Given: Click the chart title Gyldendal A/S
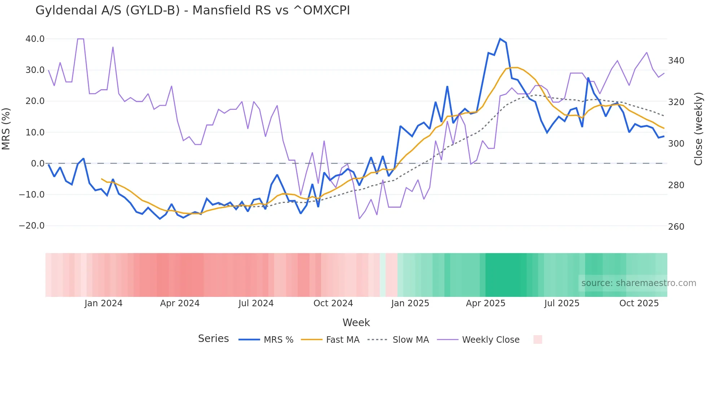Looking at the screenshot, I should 193,10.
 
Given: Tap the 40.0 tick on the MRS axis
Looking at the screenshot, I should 35,39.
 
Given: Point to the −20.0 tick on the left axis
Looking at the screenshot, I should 32,226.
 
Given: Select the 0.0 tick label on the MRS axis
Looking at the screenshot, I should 38,164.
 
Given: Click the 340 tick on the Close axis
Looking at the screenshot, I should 676,61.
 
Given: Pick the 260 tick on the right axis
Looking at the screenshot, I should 676,227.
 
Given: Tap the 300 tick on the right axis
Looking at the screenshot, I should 676,144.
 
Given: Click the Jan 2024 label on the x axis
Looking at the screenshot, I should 104,303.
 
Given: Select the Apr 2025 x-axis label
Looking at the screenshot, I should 486,303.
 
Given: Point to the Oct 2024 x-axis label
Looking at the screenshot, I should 333,303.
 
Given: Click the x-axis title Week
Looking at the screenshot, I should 356,323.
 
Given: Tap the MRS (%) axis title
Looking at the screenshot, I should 6,129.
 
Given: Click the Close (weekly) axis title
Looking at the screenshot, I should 699,129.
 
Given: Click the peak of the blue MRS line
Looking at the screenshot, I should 500,39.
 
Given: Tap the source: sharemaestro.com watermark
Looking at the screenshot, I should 638,283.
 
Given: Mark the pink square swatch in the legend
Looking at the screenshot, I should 537,339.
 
